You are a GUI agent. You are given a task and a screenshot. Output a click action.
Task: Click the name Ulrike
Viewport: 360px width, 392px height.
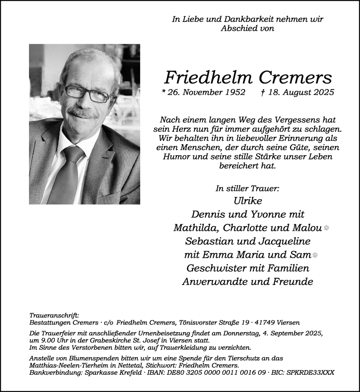247,201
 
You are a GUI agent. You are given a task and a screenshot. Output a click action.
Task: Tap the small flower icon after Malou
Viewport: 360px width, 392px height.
326,228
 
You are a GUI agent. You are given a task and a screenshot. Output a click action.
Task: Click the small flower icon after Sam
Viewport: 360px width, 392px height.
314,255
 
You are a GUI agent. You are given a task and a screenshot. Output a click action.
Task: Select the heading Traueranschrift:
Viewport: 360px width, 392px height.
54,315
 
